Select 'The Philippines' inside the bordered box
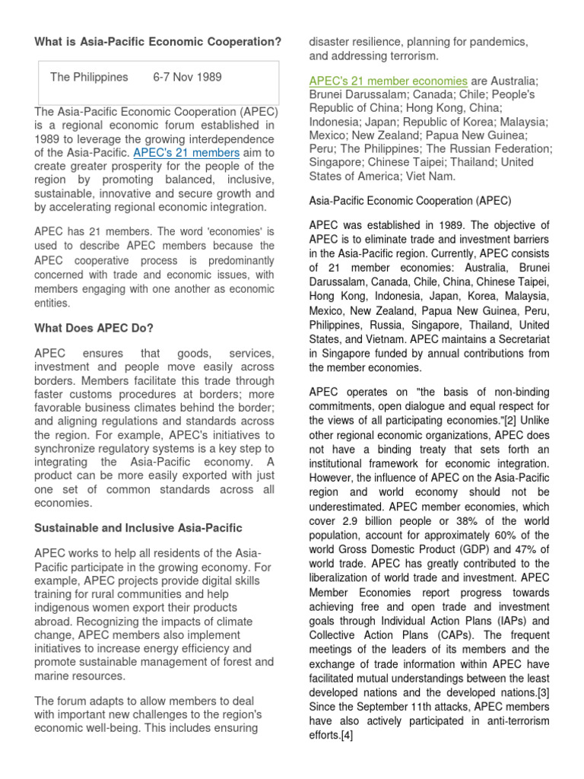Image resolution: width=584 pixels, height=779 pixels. point(89,77)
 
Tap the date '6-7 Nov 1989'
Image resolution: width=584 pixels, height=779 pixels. point(188,77)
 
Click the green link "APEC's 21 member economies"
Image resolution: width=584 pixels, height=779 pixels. point(388,81)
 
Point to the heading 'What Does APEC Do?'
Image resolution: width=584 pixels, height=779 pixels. point(94,328)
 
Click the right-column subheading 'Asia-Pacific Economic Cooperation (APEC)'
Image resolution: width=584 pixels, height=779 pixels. point(409,201)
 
